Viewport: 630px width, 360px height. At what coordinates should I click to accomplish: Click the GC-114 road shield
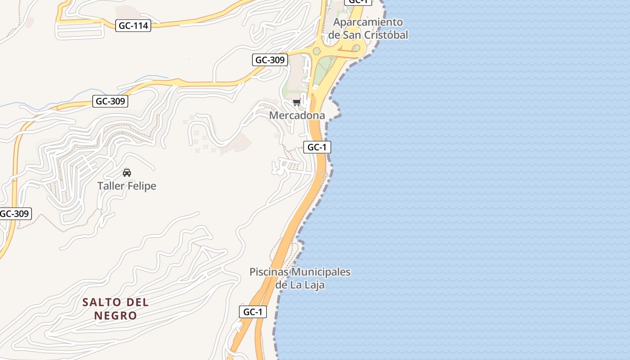(133, 26)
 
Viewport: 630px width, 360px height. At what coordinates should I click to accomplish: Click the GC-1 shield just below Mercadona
(317, 147)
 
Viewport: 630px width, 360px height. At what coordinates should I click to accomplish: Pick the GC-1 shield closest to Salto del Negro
(252, 312)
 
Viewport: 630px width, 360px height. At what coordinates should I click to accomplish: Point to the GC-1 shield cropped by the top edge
(358, 2)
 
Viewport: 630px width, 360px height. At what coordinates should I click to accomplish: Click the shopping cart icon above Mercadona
(297, 103)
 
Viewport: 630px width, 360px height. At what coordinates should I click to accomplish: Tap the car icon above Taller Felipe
(127, 173)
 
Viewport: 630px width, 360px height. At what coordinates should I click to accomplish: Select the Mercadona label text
(297, 116)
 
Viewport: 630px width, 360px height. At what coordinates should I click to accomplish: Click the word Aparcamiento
(368, 22)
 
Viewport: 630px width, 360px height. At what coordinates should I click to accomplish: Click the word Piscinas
(269, 272)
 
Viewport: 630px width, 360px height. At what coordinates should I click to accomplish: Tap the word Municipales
(321, 272)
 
